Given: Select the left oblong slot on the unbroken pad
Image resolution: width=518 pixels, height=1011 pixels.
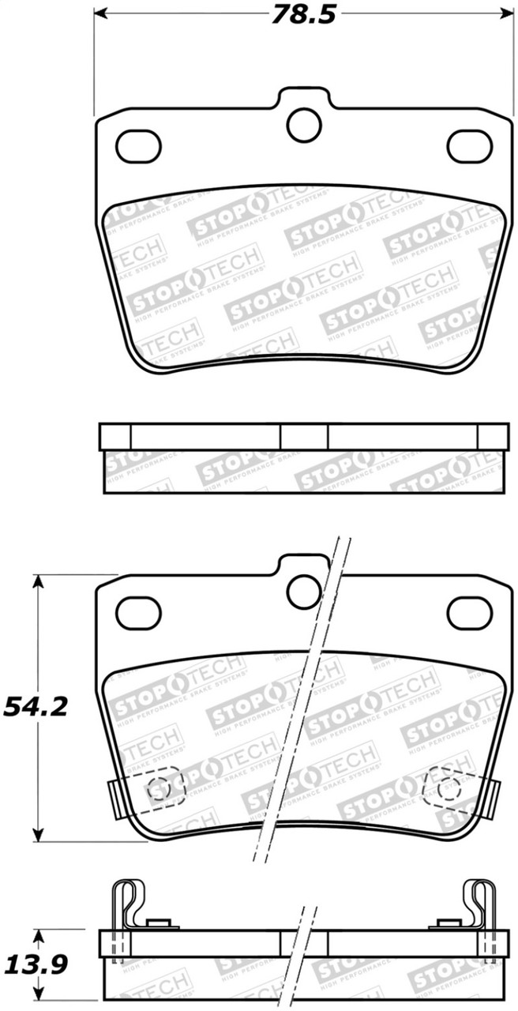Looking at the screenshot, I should (x=138, y=145).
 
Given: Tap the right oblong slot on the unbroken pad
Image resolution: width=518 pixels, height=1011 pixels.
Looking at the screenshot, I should (x=469, y=145).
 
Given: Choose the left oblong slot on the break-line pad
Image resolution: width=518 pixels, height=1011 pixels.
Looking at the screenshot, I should (x=138, y=611).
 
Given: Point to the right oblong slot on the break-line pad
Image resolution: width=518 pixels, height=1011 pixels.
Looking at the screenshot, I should (x=469, y=611).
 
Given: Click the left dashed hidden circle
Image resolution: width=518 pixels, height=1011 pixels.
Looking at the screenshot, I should (x=159, y=787).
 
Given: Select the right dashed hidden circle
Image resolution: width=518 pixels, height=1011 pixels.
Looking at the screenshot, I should (x=449, y=786).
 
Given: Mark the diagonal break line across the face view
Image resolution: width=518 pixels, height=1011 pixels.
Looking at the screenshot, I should (x=301, y=703).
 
